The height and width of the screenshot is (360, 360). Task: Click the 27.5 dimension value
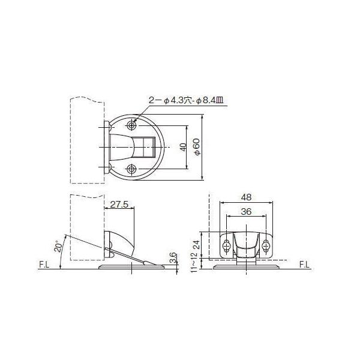click(x=119, y=204)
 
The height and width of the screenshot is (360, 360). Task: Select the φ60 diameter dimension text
click(x=197, y=147)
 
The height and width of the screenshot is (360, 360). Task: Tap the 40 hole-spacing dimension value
click(x=183, y=147)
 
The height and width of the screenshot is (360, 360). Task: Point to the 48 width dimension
click(x=247, y=197)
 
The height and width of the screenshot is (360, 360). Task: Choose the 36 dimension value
click(x=246, y=211)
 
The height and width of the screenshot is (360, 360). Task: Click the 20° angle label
click(x=58, y=247)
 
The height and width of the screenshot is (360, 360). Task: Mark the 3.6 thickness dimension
click(x=173, y=257)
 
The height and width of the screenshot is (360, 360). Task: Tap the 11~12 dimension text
click(x=194, y=262)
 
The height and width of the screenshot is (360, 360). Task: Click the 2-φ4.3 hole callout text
click(x=186, y=100)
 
